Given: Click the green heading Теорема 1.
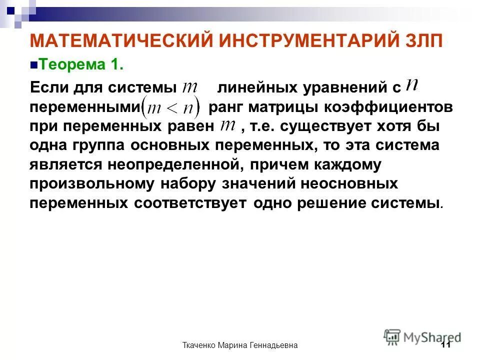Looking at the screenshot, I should [80, 64].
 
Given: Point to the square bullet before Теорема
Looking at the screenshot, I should [34, 65].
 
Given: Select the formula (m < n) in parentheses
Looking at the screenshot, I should [170, 106].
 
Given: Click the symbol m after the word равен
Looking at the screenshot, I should [228, 125].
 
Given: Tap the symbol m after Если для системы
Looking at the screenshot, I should [190, 87].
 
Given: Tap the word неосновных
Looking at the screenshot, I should [349, 183].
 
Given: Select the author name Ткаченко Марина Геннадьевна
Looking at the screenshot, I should [240, 345].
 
